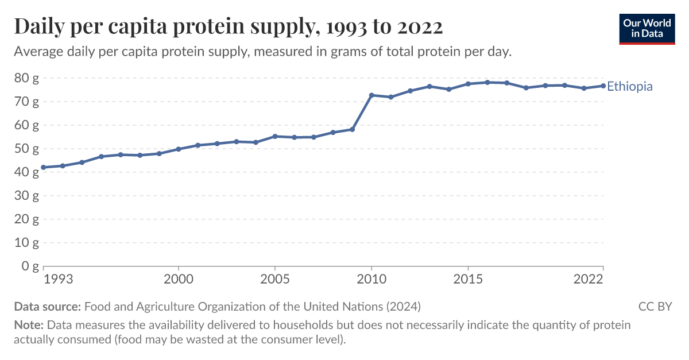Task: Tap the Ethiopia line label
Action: click(x=630, y=87)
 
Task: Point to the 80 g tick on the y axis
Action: click(x=26, y=78)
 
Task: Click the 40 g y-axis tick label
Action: click(x=26, y=172)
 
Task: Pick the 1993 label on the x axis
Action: click(x=58, y=280)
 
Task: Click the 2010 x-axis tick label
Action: click(x=371, y=280)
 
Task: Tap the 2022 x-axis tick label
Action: click(x=589, y=280)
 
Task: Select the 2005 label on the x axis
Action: click(x=275, y=280)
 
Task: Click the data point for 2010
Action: click(x=371, y=95)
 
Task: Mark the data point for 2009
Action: click(x=352, y=129)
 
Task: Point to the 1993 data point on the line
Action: click(x=43, y=167)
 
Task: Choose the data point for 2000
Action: click(x=179, y=149)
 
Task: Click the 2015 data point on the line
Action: click(x=468, y=84)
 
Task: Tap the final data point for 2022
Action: click(x=603, y=86)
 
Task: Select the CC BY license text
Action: click(x=655, y=306)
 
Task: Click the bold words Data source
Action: click(x=48, y=306)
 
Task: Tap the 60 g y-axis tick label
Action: click(x=26, y=125)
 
